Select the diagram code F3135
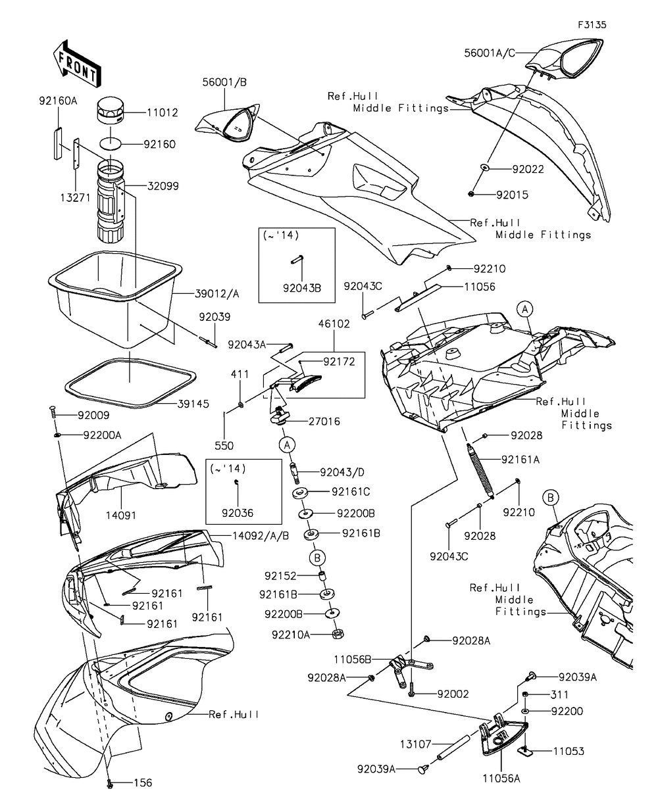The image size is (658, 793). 592,25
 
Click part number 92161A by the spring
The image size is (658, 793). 520,460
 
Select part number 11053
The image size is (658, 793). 569,750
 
